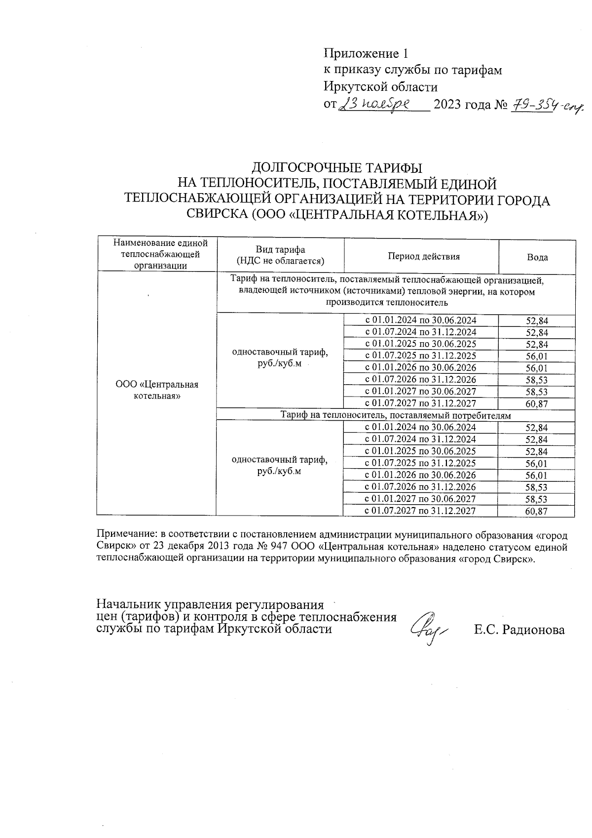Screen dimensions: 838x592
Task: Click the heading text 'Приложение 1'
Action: (x=366, y=53)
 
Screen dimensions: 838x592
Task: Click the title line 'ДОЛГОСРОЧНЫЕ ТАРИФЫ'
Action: (x=337, y=167)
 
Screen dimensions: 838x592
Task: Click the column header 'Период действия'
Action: (x=423, y=256)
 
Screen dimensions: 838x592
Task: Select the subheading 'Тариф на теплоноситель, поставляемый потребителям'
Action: (x=396, y=416)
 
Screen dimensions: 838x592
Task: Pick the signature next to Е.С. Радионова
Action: (x=428, y=628)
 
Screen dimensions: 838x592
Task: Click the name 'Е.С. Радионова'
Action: (x=519, y=630)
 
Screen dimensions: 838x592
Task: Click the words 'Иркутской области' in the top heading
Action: (x=380, y=87)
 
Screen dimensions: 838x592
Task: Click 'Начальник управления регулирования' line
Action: (x=210, y=605)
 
